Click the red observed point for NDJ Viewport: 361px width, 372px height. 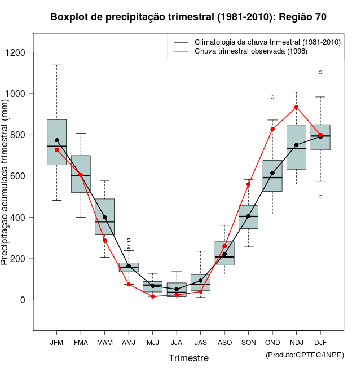[297, 107]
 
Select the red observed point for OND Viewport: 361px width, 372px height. [272, 129]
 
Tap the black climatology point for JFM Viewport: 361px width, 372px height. [56, 140]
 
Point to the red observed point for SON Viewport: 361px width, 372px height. [248, 184]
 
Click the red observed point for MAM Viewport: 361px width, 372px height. [104, 240]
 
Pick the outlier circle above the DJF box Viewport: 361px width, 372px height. [320, 72]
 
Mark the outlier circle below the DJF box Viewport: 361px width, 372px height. [320, 197]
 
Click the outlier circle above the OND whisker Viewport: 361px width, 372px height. [272, 97]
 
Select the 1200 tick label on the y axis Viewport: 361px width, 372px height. [22, 52]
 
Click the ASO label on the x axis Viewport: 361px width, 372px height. [224, 343]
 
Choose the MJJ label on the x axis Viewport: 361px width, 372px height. [152, 343]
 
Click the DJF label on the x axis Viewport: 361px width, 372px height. [320, 343]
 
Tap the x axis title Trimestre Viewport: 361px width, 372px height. [188, 358]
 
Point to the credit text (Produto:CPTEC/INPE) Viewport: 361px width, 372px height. [305, 355]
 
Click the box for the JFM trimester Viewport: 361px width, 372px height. [56, 142]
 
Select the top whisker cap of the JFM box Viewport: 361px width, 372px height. [56, 65]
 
